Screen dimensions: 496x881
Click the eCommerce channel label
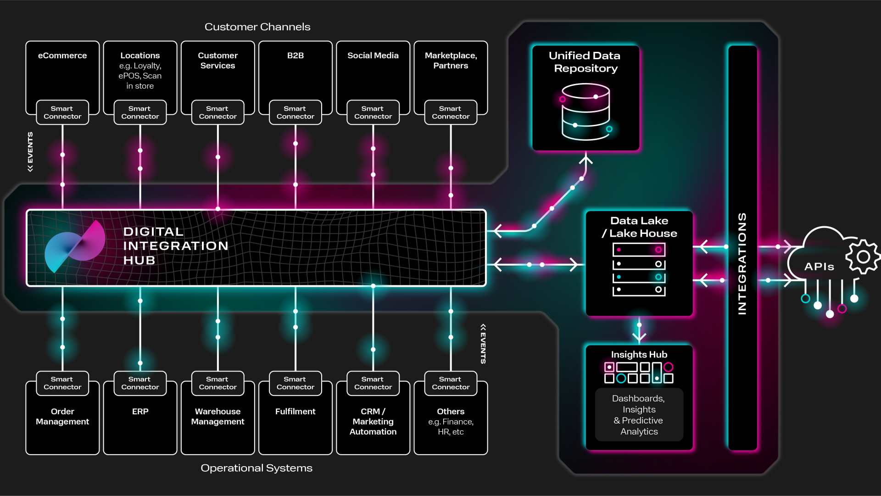(x=62, y=56)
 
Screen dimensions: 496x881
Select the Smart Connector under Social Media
(x=373, y=112)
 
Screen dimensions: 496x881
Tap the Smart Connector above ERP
(x=140, y=383)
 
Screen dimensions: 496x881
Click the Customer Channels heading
(x=257, y=27)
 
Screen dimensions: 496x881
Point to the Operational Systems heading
(x=256, y=468)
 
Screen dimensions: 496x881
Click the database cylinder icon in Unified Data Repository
(x=585, y=111)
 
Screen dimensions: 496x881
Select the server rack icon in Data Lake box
(x=639, y=270)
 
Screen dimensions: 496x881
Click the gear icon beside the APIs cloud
(x=863, y=256)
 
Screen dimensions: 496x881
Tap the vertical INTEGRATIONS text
(x=742, y=263)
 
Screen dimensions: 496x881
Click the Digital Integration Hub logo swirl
(x=75, y=247)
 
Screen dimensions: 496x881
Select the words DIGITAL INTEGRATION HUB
(x=175, y=246)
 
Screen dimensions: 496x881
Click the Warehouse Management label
(x=217, y=417)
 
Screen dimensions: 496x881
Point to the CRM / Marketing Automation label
(x=373, y=421)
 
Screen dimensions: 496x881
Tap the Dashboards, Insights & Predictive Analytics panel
(x=639, y=415)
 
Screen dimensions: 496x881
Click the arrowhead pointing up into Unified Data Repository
(x=585, y=160)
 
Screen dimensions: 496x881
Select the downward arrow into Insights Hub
(x=639, y=336)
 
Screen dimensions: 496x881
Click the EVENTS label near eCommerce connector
(x=30, y=151)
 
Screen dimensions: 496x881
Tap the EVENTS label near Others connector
(x=483, y=344)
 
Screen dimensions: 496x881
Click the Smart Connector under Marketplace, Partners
(x=450, y=112)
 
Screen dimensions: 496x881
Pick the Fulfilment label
(x=295, y=412)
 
